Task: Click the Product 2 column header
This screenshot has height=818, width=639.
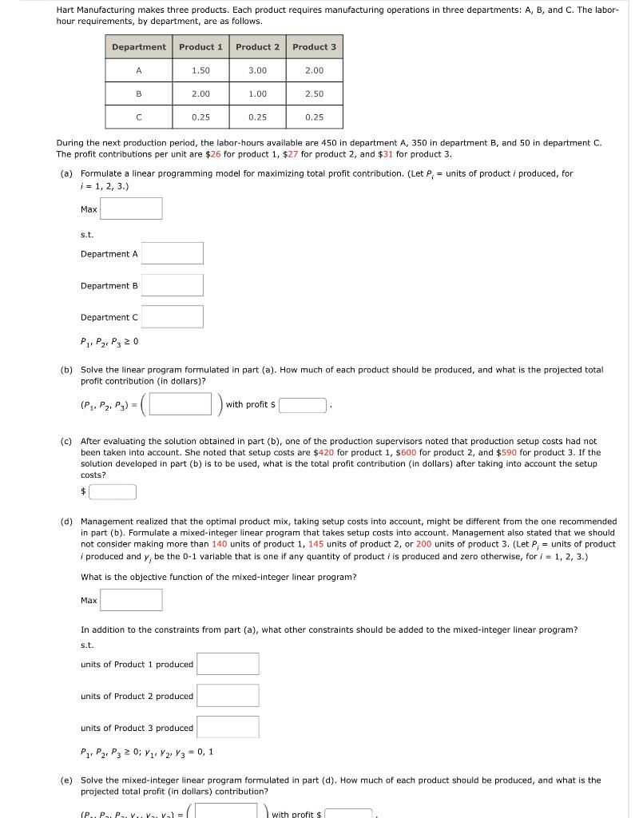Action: pos(257,47)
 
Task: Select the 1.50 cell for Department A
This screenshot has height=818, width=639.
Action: pos(200,71)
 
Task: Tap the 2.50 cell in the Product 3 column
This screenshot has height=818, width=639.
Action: pos(314,94)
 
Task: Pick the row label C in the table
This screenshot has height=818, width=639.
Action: pos(139,117)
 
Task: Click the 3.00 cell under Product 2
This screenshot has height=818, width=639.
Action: pos(257,71)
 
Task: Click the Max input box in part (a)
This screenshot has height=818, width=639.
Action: pos(131,209)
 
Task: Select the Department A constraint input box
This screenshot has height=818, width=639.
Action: pos(173,254)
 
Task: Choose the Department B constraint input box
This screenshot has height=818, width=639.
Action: pos(173,285)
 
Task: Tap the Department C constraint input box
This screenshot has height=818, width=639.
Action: pos(173,317)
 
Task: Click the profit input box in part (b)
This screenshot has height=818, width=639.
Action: pos(302,405)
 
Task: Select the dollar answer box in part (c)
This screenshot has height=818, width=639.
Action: pos(113,491)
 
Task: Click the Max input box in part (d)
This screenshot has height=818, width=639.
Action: pos(131,600)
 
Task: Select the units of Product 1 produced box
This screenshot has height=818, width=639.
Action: pos(228,664)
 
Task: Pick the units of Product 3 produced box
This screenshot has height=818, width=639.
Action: pos(228,727)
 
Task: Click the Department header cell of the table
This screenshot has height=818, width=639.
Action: pos(139,47)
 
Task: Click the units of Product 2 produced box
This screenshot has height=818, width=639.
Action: pos(228,696)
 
